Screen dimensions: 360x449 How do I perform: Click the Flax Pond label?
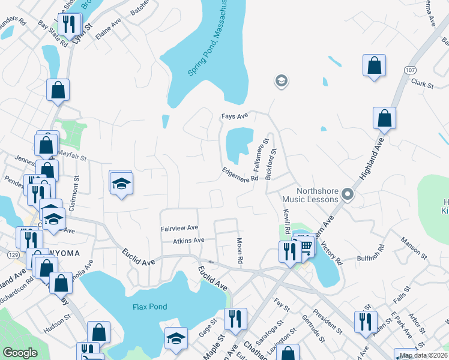[x=149, y=307]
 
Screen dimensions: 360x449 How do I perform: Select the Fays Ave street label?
[x=234, y=116]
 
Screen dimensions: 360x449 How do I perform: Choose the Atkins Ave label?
[x=189, y=240]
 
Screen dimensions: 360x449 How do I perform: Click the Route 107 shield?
[x=411, y=70]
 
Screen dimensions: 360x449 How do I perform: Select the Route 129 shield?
[x=5, y=239]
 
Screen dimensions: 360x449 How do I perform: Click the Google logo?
[x=20, y=353]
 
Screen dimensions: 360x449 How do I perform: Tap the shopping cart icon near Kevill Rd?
[x=306, y=245]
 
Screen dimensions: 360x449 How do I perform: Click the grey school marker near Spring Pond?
[x=280, y=80]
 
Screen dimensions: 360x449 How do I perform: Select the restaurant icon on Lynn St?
[x=70, y=25]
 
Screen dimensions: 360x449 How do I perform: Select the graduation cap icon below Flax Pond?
[x=176, y=338]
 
